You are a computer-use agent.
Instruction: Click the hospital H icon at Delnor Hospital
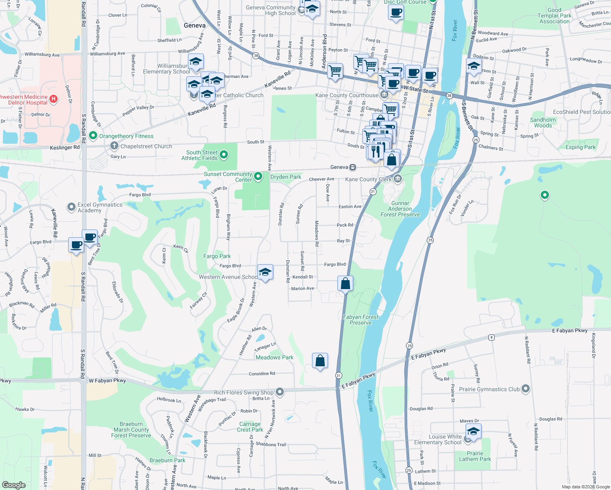(54, 99)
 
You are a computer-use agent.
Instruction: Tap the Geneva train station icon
(352, 167)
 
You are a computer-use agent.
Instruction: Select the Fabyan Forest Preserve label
(361, 320)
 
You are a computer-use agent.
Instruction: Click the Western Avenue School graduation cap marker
(265, 272)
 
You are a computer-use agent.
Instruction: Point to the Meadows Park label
(274, 357)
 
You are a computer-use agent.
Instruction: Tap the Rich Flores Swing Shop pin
(280, 392)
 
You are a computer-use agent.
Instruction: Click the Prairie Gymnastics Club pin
(525, 389)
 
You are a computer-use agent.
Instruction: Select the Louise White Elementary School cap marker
(473, 432)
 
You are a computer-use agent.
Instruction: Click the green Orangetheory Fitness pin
(93, 136)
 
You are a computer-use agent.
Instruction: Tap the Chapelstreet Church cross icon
(114, 146)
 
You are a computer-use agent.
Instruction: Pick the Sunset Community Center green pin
(258, 176)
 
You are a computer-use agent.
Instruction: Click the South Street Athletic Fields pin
(223, 155)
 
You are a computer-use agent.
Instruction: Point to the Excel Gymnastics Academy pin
(71, 207)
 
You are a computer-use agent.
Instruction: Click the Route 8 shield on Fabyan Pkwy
(491, 337)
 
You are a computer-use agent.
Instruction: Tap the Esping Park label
(580, 147)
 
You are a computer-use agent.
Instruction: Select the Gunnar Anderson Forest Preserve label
(400, 209)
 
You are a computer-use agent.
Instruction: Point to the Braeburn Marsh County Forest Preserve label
(131, 430)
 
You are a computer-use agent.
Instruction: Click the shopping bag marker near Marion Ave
(345, 283)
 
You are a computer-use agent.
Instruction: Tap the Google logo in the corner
(13, 485)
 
